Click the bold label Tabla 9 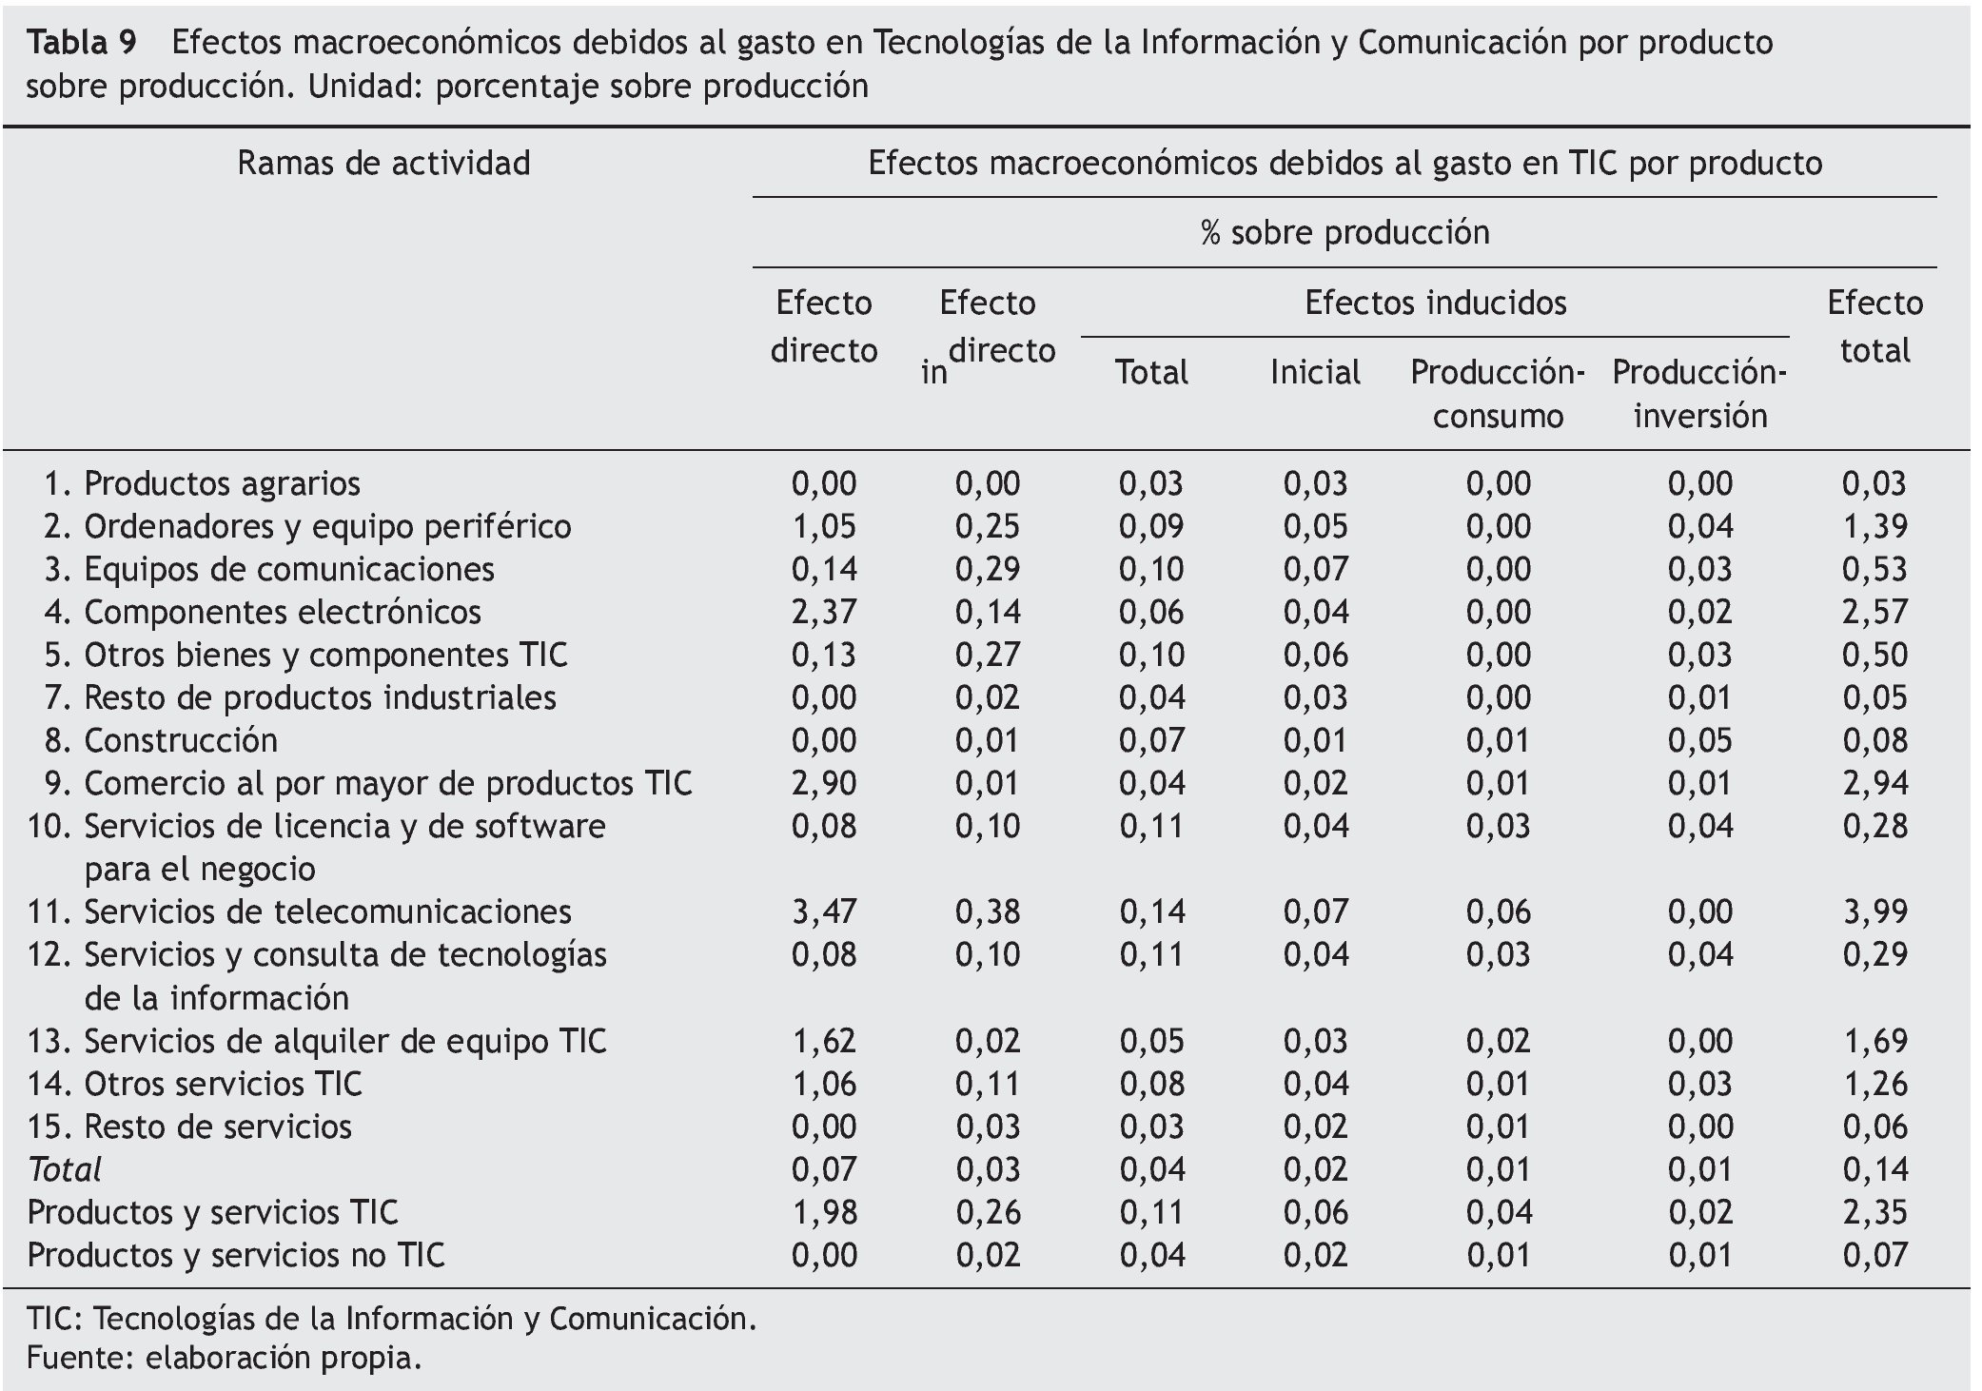coord(82,43)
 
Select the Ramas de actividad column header coord(383,164)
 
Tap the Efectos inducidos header coord(1435,304)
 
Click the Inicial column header coord(1315,372)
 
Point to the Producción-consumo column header coord(1497,394)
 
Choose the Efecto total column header coord(1874,326)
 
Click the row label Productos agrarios coord(222,483)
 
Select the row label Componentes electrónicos coord(282,612)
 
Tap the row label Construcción coord(181,740)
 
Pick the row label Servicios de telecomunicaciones coord(327,911)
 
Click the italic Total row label coord(65,1169)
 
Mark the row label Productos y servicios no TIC coord(236,1255)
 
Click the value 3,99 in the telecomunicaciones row coord(1874,911)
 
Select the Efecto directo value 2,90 coord(824,783)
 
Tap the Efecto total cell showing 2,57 coord(1874,612)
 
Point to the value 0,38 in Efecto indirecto coord(988,911)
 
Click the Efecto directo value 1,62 coord(824,1041)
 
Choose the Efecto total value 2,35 coord(1874,1212)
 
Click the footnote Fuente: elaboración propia coord(224,1357)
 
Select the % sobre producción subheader coord(1344,233)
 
